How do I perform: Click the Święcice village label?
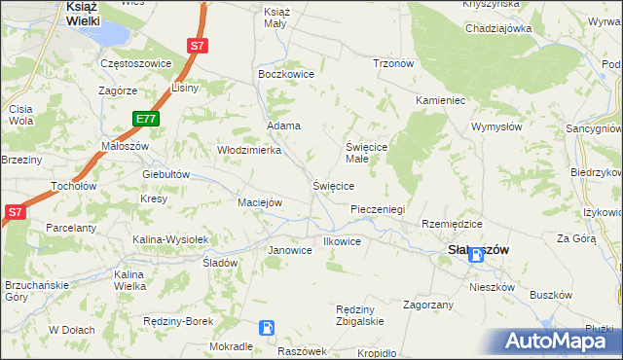333,185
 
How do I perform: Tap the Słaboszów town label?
478,249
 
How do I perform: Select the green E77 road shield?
146,120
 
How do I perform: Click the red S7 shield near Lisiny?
198,45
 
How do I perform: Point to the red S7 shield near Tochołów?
14,212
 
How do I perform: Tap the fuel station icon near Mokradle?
267,329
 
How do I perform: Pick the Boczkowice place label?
283,73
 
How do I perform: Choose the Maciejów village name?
260,202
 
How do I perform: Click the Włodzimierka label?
248,151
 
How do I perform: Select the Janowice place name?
290,250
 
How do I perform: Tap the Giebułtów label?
165,175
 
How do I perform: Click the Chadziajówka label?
497,28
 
